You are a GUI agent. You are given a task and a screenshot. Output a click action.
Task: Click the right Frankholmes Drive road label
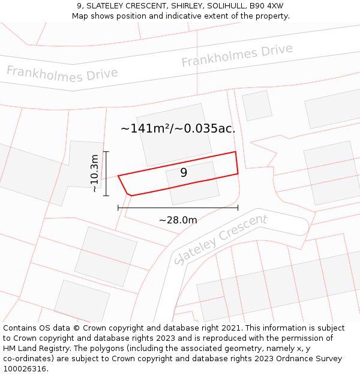(x=237, y=55)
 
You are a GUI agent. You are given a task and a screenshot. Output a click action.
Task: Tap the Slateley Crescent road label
(x=220, y=239)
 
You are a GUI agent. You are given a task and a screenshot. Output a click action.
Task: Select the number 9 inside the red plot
(x=184, y=173)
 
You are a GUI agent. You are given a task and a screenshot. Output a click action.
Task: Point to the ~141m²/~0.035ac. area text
(x=178, y=128)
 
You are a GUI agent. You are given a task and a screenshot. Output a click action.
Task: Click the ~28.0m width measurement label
(x=178, y=220)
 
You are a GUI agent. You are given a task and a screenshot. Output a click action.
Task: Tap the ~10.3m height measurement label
(x=94, y=173)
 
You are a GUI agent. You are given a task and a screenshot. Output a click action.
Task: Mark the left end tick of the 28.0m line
(x=118, y=208)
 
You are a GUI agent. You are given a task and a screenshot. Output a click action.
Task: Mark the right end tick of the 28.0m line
(x=238, y=208)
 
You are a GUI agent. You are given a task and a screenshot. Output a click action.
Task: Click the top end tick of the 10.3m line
(x=106, y=152)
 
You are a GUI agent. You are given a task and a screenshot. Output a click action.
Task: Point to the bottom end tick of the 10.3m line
(x=106, y=196)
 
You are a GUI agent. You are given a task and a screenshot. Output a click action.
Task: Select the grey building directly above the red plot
(x=174, y=139)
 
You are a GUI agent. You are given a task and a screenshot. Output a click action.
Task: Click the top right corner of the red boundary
(x=235, y=152)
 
